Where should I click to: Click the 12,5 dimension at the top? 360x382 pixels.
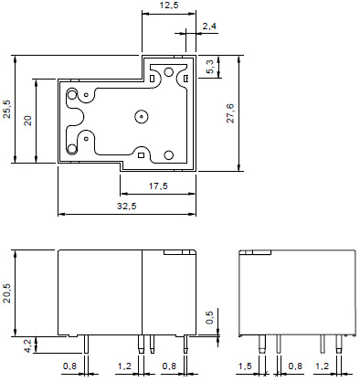tap(169, 5)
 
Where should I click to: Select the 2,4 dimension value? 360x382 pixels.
tap(209, 27)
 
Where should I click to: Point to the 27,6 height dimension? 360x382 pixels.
tap(230, 113)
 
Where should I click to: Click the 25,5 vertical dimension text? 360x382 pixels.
tap(6, 109)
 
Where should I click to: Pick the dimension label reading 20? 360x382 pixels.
tap(27, 121)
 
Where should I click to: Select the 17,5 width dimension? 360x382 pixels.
tap(158, 186)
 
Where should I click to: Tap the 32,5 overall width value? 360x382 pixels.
tap(127, 207)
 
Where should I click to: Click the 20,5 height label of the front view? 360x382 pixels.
tap(6, 293)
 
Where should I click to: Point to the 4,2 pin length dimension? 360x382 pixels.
tap(27, 346)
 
